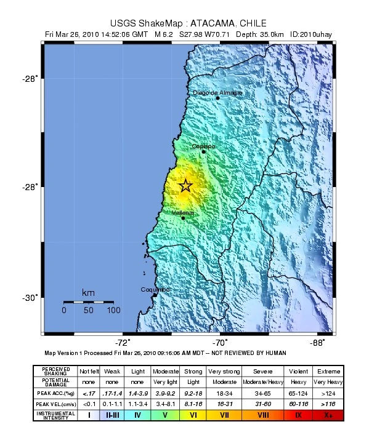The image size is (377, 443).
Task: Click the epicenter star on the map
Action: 185,186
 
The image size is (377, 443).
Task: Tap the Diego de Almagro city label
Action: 217,93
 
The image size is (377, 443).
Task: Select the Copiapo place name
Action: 203,146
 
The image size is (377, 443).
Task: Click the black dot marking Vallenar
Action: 183,218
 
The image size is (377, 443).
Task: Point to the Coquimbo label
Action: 155,289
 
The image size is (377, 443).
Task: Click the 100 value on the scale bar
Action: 113,310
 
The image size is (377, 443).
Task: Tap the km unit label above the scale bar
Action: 88,292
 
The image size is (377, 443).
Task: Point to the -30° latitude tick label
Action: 30,298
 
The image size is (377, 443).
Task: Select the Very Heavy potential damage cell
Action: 327,382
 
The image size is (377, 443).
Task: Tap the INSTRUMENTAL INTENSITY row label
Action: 56,415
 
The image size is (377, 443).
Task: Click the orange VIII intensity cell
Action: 262,415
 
